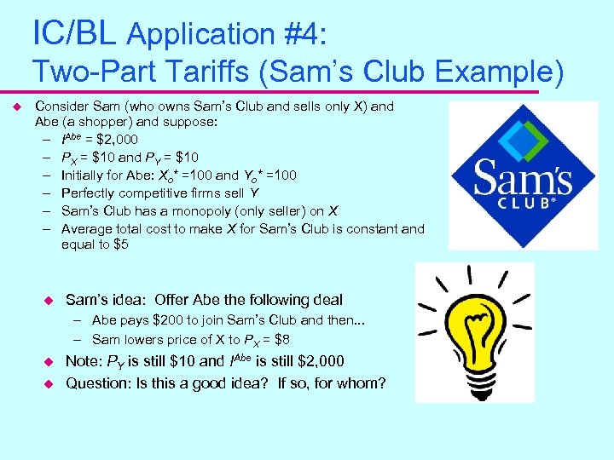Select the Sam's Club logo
click(523, 175)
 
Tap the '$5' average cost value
click(120, 245)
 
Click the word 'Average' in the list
click(87, 228)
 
